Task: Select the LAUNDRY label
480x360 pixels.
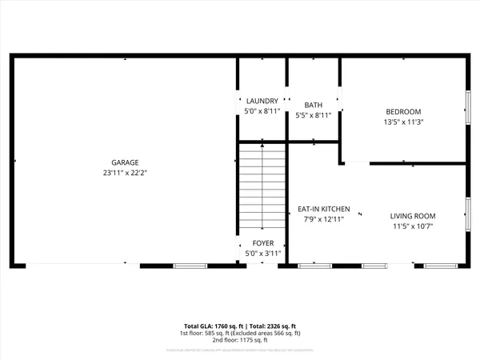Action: [x=262, y=101]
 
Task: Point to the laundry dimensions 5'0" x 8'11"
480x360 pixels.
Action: [x=262, y=112]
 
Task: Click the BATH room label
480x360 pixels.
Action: [x=313, y=105]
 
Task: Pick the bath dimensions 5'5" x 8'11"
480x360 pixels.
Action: [x=313, y=115]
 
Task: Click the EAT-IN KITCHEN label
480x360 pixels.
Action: [x=324, y=208]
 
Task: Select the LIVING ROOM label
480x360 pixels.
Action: [x=412, y=216]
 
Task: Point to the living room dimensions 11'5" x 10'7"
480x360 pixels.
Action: [x=412, y=226]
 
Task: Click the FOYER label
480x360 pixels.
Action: [x=263, y=243]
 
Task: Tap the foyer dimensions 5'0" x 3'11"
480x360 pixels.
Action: [x=263, y=254]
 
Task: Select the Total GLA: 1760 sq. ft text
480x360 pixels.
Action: [x=211, y=326]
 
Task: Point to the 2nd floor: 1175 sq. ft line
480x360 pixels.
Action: [x=240, y=341]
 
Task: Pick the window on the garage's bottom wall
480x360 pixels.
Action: [x=185, y=266]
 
